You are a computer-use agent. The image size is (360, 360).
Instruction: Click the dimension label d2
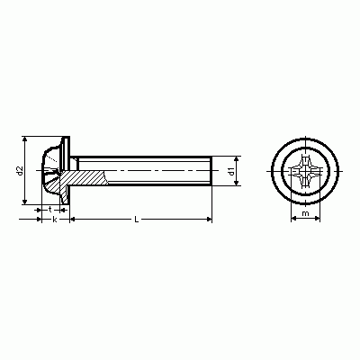pos(20,170)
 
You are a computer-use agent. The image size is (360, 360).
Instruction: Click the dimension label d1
pos(231,171)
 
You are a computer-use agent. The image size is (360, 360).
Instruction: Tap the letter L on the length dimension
pos(137,220)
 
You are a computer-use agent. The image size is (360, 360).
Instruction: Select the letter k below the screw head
pos(54,220)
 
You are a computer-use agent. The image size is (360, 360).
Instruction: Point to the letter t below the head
pos(50,209)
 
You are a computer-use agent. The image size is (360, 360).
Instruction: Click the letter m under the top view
pos(305,213)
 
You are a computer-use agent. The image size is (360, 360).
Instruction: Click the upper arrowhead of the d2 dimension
pos(25,139)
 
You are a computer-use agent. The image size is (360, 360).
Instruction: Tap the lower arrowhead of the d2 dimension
pos(25,202)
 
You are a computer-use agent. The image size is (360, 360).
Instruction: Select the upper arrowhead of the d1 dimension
pos(237,158)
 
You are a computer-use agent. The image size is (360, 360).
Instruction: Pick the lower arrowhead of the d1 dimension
pos(237,183)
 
